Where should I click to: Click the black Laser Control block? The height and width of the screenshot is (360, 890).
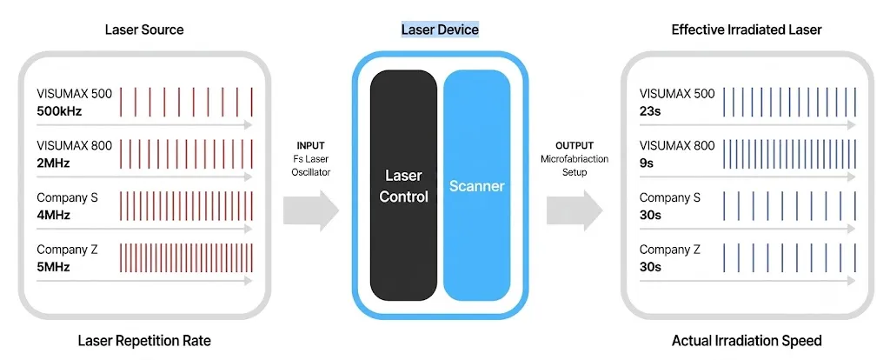(x=403, y=185)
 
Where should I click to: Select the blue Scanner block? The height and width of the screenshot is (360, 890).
(x=477, y=185)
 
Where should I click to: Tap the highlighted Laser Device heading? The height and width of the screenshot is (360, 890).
(x=440, y=29)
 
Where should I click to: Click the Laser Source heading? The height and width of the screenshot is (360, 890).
(x=144, y=30)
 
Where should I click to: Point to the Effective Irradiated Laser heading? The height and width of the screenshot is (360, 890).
(x=747, y=30)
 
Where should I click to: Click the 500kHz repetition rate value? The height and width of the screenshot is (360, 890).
(x=60, y=111)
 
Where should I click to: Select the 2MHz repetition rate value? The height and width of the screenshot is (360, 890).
(x=53, y=163)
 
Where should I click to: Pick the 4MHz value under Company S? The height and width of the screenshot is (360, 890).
(x=53, y=216)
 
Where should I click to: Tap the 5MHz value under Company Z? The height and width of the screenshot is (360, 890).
(x=53, y=267)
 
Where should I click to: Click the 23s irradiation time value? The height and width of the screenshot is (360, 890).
(x=650, y=111)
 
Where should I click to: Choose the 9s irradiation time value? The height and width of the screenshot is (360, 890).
(x=647, y=163)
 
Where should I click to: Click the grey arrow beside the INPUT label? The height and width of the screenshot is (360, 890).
(x=311, y=210)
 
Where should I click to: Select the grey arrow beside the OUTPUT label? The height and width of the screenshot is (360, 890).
(x=575, y=210)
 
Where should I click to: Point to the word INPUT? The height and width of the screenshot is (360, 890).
(x=310, y=145)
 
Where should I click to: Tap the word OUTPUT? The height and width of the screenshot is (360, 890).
(x=575, y=145)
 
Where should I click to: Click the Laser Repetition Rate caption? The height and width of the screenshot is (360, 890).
(x=144, y=341)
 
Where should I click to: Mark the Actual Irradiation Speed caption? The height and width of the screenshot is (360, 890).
(x=747, y=341)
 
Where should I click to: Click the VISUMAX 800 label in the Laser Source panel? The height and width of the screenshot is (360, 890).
(x=75, y=146)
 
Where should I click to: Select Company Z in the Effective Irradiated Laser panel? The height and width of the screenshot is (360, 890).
(x=670, y=250)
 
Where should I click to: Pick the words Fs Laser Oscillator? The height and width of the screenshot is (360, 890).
(x=310, y=166)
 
